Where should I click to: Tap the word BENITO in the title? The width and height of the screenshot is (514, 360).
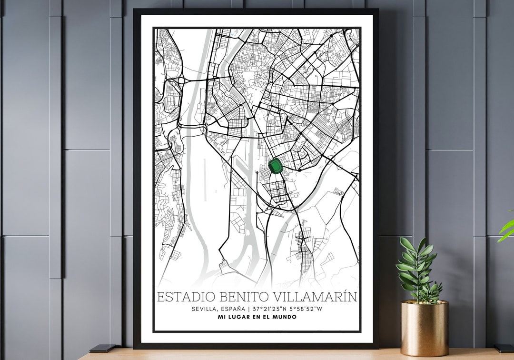point(242,297)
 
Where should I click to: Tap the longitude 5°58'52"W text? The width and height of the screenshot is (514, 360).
point(302,309)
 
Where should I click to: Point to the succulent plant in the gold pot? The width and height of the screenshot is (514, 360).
point(419,271)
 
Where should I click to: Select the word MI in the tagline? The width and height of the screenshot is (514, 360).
point(221,317)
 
